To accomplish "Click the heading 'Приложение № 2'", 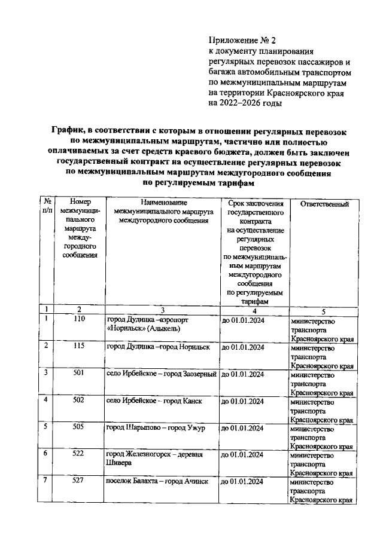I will pos(239,41).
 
